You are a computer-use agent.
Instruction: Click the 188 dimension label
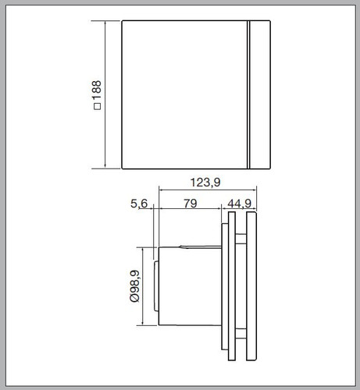[x=97, y=90]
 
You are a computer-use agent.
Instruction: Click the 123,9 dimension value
[x=205, y=183]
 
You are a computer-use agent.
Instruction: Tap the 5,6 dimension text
[x=139, y=204]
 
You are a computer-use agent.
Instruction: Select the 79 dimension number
[x=190, y=204]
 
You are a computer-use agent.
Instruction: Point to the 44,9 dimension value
[x=239, y=204]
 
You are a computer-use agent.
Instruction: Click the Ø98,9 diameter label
[x=134, y=286]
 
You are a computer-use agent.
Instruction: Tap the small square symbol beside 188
[x=97, y=106]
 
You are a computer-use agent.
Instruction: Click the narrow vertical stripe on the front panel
[x=248, y=94]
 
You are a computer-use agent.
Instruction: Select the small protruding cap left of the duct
[x=156, y=286]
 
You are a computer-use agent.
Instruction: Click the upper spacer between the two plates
[x=241, y=239]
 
